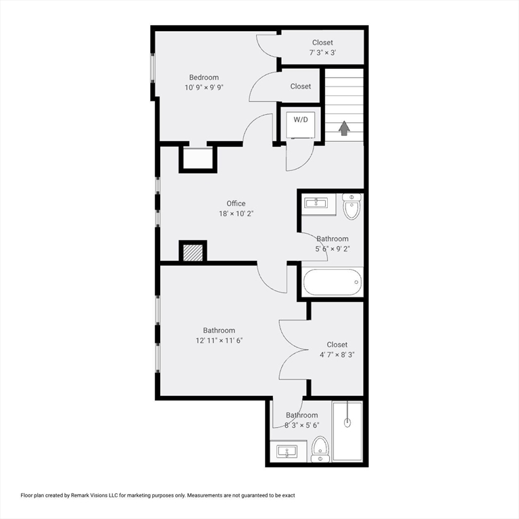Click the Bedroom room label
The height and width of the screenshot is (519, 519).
(x=203, y=78)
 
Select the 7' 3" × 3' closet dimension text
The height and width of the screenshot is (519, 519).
(x=322, y=53)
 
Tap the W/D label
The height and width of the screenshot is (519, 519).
(x=301, y=120)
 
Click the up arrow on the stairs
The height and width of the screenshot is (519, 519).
(x=345, y=128)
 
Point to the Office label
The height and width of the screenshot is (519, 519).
(x=236, y=203)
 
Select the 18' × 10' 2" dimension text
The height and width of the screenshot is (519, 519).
(x=236, y=214)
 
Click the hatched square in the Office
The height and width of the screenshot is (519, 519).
(x=193, y=252)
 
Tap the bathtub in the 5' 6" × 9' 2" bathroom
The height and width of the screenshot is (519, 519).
(x=332, y=282)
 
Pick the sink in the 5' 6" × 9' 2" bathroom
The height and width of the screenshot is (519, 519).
(x=316, y=203)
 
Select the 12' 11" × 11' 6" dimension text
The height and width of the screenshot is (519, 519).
(x=219, y=341)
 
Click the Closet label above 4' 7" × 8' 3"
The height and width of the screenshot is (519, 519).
(x=337, y=345)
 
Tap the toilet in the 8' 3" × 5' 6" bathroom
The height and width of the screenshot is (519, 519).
(x=320, y=447)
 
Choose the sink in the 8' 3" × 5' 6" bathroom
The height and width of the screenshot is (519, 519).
(x=287, y=451)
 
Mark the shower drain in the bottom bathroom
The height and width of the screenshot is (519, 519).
(x=347, y=423)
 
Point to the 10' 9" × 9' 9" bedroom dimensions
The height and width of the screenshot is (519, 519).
(x=203, y=88)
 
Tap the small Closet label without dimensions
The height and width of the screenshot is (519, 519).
(x=301, y=86)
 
